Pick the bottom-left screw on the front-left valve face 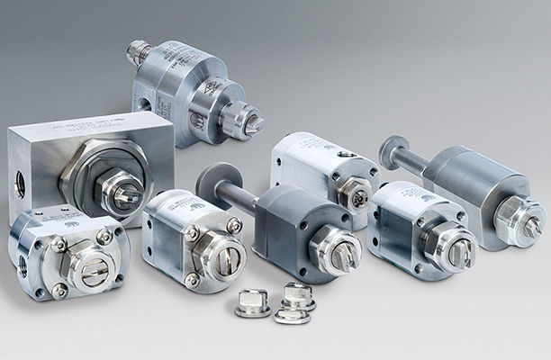pos(59,291)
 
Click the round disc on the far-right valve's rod pos(394,151)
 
